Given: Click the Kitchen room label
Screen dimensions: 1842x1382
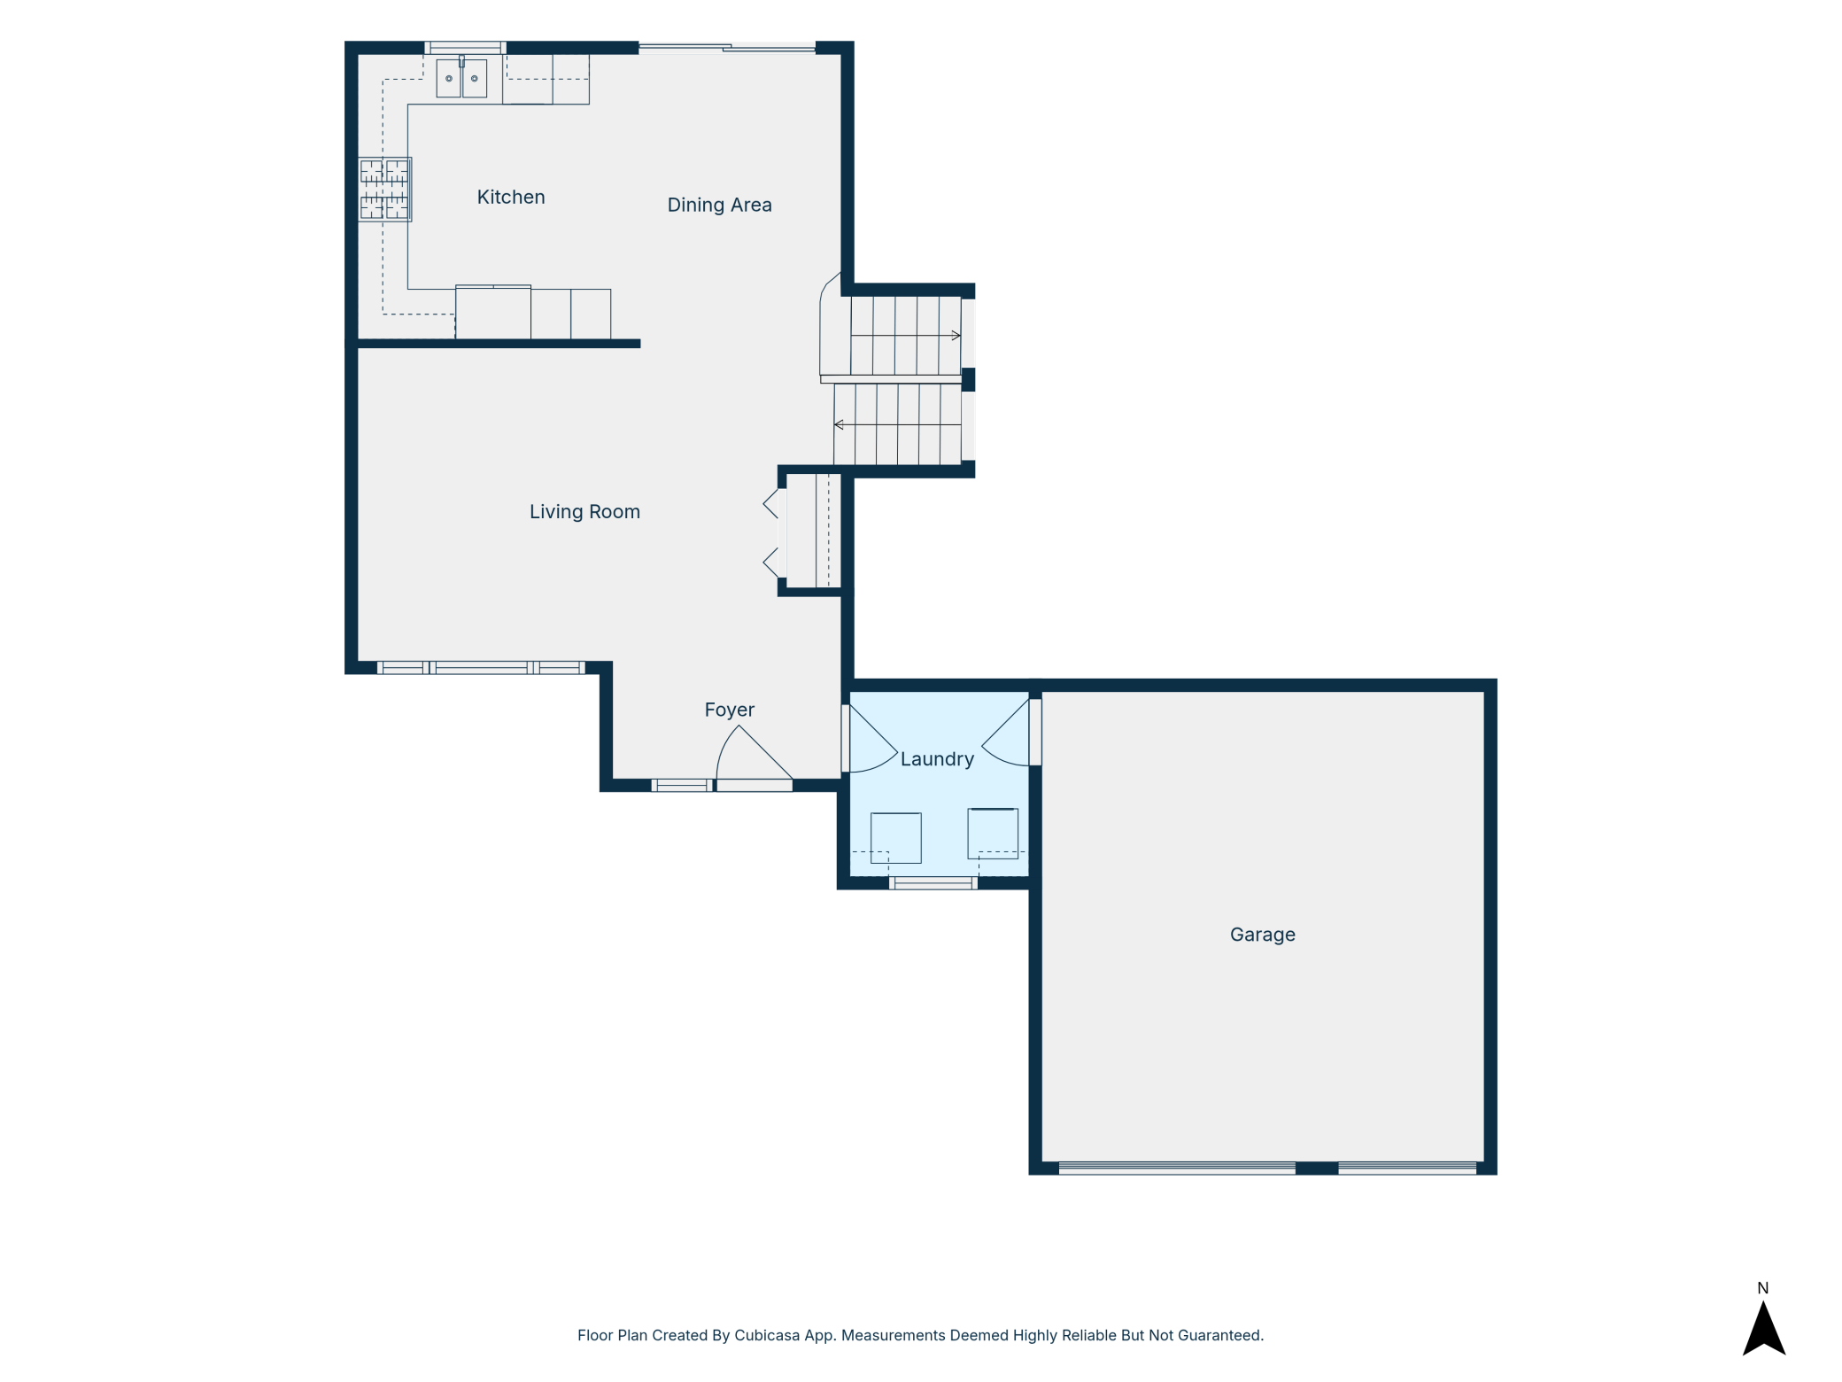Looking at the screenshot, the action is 511,197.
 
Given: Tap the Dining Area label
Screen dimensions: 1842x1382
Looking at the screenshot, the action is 719,205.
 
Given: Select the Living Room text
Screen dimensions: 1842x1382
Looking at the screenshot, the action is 584,511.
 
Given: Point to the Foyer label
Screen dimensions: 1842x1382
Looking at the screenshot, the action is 729,710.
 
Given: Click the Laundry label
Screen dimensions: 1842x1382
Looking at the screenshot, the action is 937,759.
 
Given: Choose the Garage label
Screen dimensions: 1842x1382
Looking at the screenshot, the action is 1262,935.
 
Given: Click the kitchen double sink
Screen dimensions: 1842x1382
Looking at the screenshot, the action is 461,77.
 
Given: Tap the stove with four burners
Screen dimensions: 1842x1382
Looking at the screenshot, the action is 385,189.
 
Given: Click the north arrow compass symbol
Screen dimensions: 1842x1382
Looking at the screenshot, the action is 1763,1329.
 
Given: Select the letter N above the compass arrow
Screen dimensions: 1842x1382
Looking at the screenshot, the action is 1762,1288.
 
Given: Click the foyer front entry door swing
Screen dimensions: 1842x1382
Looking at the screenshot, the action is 753,758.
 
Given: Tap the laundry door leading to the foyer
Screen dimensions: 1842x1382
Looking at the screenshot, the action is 870,739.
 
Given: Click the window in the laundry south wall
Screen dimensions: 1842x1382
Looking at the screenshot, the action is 933,882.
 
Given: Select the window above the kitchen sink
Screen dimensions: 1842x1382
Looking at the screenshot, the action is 465,48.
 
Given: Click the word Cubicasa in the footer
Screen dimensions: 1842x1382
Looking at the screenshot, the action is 767,1335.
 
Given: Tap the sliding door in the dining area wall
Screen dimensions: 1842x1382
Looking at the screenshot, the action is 727,47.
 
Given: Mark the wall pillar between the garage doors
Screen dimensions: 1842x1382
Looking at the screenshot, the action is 1317,1168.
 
